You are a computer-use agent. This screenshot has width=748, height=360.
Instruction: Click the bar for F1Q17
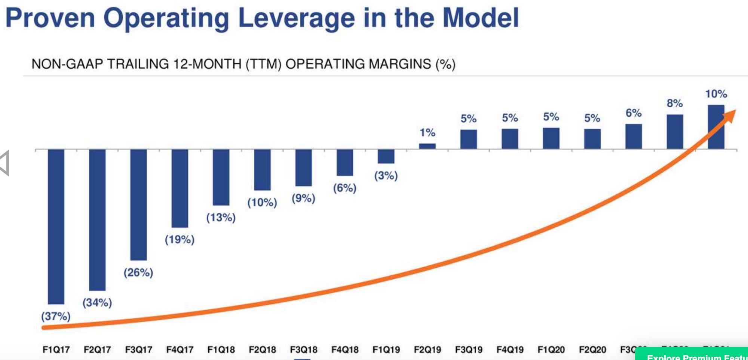pos(56,226)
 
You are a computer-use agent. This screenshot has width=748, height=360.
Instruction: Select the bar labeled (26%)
pos(138,204)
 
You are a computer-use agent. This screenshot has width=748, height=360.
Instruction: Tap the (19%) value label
pos(180,239)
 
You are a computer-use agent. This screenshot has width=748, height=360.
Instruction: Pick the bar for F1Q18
pos(221,177)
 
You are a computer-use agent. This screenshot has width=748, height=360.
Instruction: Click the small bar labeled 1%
pos(427,146)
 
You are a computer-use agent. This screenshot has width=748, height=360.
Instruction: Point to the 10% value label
pos(716,94)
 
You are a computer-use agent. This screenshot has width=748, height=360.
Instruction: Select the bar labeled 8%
pos(675,132)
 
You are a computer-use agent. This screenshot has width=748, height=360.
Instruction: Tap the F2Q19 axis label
pos(427,350)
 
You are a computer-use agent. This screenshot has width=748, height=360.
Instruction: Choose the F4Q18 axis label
pos(345,350)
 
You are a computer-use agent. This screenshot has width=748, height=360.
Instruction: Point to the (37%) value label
pos(56,316)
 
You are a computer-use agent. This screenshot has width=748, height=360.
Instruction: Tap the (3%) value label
pos(386,175)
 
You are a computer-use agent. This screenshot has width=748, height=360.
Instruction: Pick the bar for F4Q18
pos(345,162)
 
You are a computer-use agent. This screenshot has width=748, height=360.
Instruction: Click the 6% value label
pos(633,113)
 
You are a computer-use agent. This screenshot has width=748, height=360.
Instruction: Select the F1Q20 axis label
pos(551,350)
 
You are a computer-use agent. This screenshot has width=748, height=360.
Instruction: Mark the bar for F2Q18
pos(262,170)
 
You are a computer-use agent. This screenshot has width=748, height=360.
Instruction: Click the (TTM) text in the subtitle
pos(263,64)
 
